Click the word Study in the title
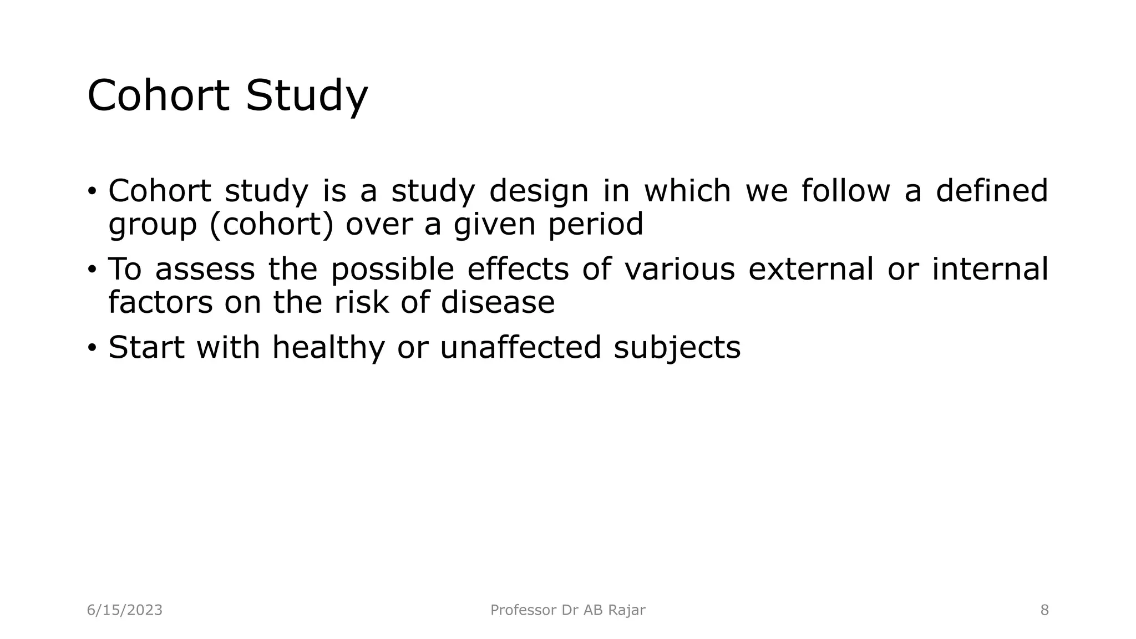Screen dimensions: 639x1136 [307, 95]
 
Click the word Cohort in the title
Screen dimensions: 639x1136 [158, 95]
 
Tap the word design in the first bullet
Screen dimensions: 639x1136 [539, 191]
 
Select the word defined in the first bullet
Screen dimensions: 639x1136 [992, 191]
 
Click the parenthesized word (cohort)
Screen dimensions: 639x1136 [272, 224]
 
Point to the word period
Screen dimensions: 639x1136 [596, 224]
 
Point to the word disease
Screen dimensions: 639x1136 [498, 302]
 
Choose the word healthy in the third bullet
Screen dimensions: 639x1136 [328, 348]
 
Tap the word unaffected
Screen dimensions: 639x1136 [520, 348]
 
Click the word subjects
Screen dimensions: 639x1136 [677, 348]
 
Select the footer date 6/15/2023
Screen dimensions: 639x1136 [125, 610]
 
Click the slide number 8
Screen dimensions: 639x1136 [1044, 610]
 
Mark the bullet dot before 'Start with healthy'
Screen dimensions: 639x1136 [92, 348]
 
